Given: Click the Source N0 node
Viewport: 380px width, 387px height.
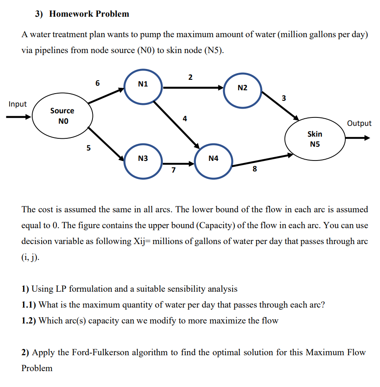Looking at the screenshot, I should pos(62,116).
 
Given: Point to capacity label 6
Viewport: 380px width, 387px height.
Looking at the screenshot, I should pos(98,83).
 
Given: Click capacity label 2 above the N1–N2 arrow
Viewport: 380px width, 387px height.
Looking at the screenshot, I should pos(191,77).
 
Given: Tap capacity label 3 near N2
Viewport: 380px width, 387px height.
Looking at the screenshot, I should pos(284,99).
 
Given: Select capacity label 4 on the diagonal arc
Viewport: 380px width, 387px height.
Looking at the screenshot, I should pos(185,119).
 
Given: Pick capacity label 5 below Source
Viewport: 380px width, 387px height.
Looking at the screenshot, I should pos(88,148).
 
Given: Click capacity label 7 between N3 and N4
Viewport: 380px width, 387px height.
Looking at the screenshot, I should pos(174,170).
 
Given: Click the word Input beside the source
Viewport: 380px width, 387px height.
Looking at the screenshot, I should pos(18,104).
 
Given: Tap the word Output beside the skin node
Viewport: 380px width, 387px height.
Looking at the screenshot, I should pos(359,123).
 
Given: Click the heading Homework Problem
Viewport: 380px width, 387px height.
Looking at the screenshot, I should pos(89,14).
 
